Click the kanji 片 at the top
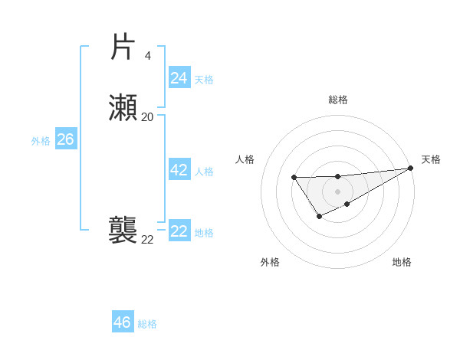(123, 47)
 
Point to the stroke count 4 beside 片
(148, 55)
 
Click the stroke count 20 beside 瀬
(147, 116)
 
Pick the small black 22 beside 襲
(147, 240)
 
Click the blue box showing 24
(179, 78)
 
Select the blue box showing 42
(179, 170)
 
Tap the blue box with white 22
(179, 231)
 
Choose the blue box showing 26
(65, 139)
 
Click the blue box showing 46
(122, 322)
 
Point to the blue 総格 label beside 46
(147, 324)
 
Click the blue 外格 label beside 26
(41, 141)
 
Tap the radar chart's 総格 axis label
(337, 100)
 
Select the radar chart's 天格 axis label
(431, 159)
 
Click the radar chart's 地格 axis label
(402, 262)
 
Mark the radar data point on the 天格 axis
(411, 168)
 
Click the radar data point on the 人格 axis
(294, 178)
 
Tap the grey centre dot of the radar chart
(337, 191)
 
